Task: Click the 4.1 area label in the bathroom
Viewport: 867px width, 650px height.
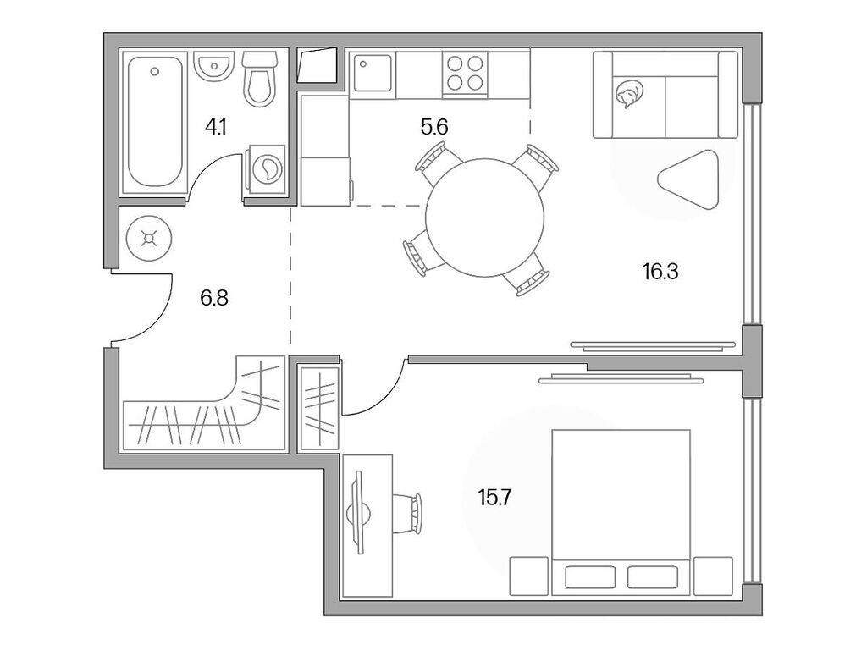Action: click(x=215, y=128)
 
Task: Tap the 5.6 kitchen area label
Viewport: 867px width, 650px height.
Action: click(x=433, y=128)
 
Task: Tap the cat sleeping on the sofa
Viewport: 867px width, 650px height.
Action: click(x=627, y=95)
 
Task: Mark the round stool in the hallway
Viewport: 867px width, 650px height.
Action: click(x=150, y=239)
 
